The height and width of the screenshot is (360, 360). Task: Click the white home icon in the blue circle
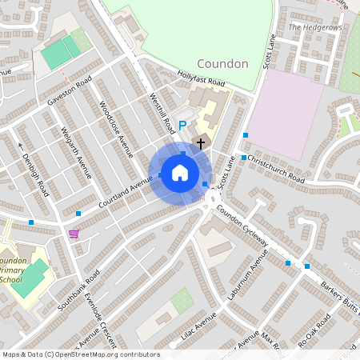[180, 172]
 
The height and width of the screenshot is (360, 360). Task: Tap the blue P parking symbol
[182, 125]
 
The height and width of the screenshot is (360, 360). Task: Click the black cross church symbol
[200, 142]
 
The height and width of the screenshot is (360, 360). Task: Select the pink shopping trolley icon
[74, 234]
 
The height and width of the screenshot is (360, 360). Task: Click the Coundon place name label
[222, 63]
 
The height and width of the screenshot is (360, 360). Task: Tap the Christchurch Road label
[276, 168]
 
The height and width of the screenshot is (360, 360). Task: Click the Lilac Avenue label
[199, 328]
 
